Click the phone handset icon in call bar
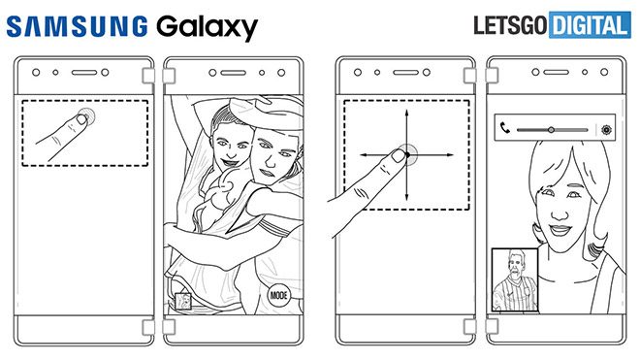[504, 127]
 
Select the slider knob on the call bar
[551, 128]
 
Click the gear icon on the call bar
[607, 128]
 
